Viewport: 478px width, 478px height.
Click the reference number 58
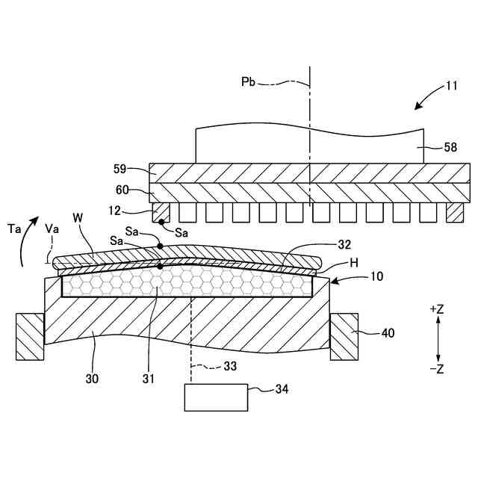450,148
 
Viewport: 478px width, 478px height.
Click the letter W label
78,218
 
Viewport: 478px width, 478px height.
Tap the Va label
52,228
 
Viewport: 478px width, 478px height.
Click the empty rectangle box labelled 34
217,397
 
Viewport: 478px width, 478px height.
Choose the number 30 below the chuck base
92,379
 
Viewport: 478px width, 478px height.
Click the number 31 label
149,379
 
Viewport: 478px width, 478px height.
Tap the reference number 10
376,276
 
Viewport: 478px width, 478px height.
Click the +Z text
438,308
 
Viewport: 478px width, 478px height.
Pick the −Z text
438,369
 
